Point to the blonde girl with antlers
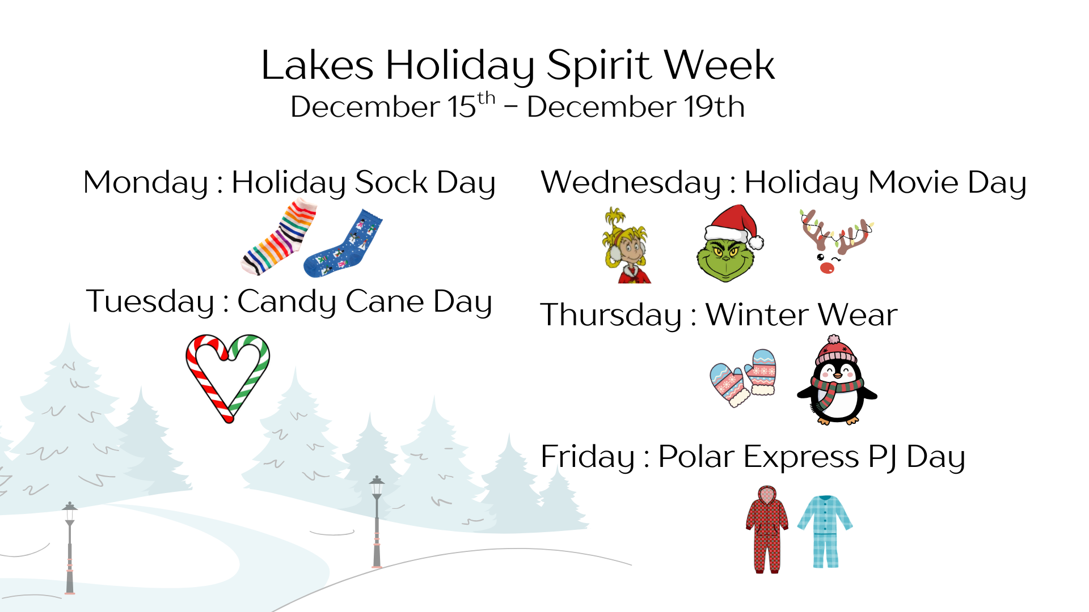[x=626, y=246]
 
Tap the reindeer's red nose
[x=827, y=267]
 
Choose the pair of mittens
[x=743, y=376]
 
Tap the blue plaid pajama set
[x=825, y=530]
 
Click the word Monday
[x=146, y=183]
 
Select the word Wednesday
[x=630, y=183]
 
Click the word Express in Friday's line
[x=801, y=457]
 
